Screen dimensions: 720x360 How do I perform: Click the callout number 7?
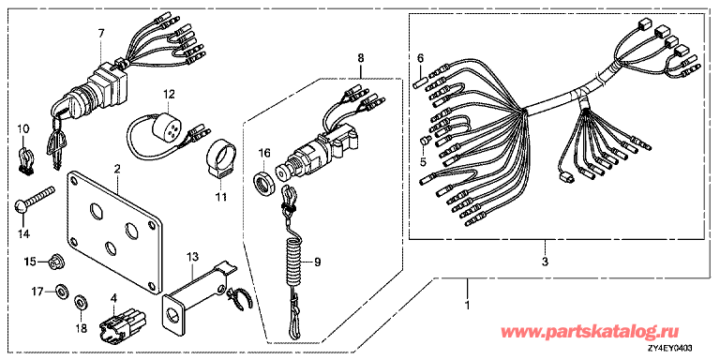coord(101,33)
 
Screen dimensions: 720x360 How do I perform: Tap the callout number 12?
coord(169,94)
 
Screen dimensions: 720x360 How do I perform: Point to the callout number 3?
coord(545,262)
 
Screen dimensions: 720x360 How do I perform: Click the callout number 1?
coord(468,305)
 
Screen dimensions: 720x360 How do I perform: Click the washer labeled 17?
coord(60,291)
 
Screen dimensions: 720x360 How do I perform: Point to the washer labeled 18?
coord(82,302)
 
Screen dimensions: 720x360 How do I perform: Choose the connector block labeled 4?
coord(123,322)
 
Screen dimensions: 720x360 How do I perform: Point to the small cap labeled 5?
coord(426,141)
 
